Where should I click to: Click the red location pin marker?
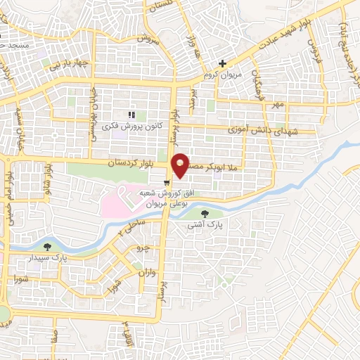(181, 165)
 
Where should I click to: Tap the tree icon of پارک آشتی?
(205, 214)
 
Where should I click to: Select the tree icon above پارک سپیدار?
(47, 247)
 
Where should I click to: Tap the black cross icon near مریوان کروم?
(222, 64)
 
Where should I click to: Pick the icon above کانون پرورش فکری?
(130, 115)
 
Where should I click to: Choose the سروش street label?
(150, 41)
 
